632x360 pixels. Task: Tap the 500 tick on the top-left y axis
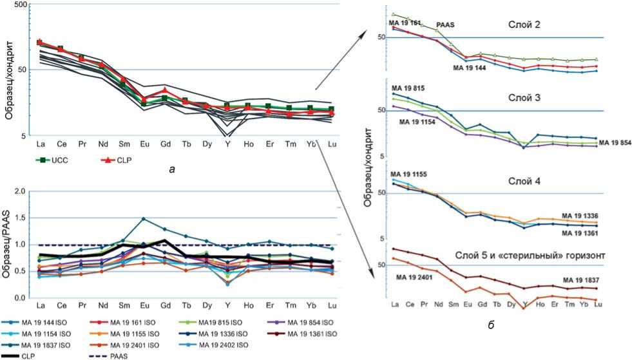pos(21,5)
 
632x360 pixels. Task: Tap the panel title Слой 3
pos(524,97)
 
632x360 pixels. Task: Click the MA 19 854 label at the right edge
pos(615,142)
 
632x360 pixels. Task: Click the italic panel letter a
pos(169,168)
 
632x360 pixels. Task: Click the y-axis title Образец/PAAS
pos(8,243)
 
